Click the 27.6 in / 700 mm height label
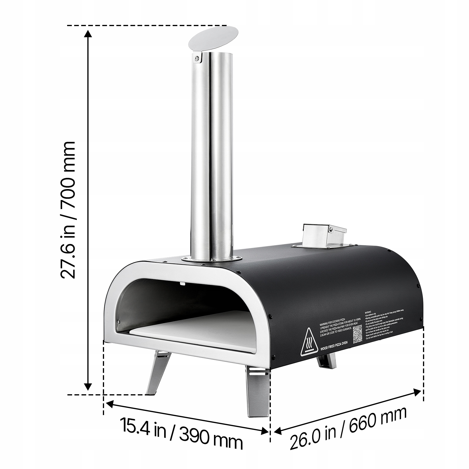point(68,210)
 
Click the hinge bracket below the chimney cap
point(198,57)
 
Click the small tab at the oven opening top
point(182,283)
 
